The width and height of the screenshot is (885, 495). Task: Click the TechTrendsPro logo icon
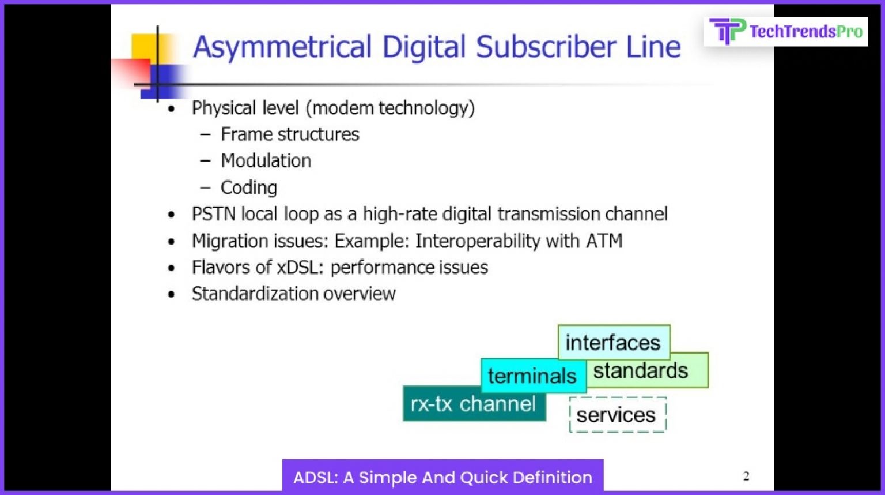point(727,31)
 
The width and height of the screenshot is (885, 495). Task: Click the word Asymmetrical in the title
point(282,47)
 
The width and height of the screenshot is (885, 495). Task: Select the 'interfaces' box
point(614,342)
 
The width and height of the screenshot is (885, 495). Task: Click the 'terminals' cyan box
point(531,376)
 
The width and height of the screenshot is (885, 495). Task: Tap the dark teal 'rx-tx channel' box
point(473,404)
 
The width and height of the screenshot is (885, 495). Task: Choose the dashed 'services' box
point(617,415)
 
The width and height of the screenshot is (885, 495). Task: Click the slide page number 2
point(746,476)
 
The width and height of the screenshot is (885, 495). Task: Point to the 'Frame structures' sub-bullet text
point(290,134)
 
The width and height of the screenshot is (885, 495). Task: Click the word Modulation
point(266,161)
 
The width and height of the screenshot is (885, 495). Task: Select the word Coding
point(249,187)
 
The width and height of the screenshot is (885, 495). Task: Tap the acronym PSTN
point(213,214)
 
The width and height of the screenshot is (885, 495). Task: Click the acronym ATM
point(604,241)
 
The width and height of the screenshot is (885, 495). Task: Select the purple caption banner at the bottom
point(442,477)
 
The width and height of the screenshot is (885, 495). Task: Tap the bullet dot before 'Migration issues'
point(171,242)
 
